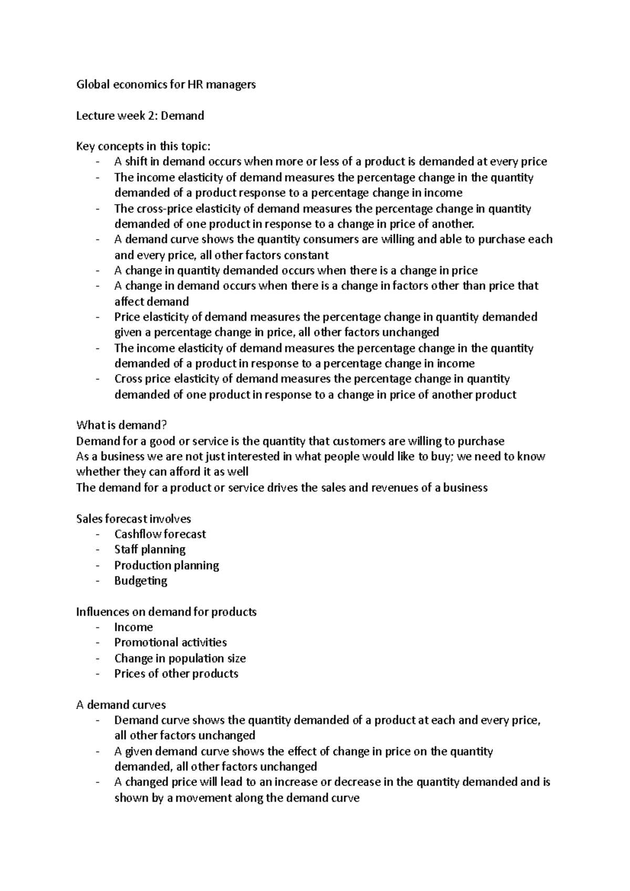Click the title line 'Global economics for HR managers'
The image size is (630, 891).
(x=166, y=84)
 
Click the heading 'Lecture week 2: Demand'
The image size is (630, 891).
(x=140, y=115)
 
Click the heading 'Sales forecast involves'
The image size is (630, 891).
(x=133, y=519)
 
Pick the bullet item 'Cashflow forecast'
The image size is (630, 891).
(x=160, y=534)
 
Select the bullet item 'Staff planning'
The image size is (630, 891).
(x=150, y=549)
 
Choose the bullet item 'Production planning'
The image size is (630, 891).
(x=166, y=565)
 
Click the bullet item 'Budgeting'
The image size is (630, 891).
(x=141, y=581)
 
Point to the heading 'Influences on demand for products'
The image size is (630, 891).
(x=166, y=612)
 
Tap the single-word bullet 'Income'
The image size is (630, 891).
(x=133, y=627)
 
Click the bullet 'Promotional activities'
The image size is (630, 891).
(x=170, y=642)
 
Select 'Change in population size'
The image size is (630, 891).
(x=180, y=658)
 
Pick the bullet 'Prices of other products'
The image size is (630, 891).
(x=176, y=674)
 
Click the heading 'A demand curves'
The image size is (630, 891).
(x=121, y=705)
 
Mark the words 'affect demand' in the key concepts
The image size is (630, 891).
(x=151, y=302)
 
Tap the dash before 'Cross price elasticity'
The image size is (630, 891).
(x=98, y=379)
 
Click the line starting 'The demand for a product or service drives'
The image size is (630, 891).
(x=282, y=487)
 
